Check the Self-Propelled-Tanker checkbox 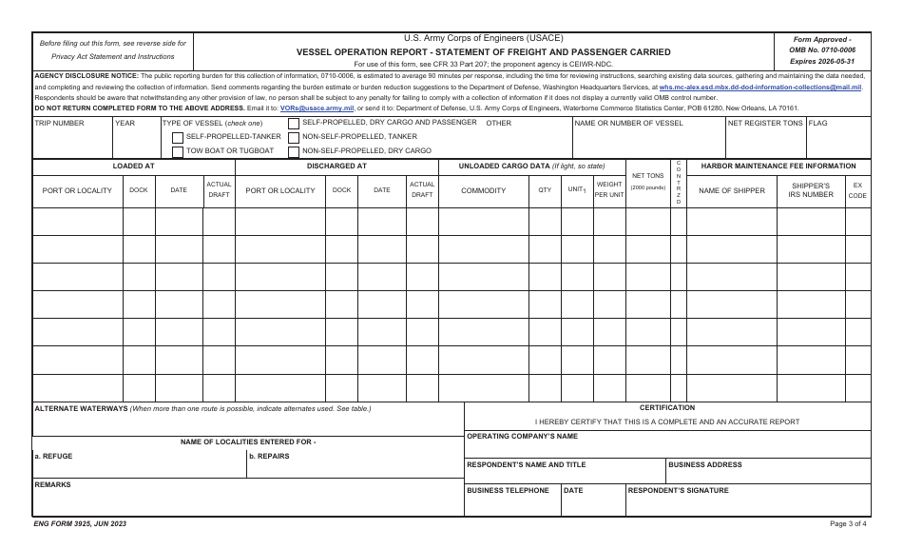pyautogui.click(x=178, y=137)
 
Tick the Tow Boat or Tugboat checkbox pyautogui.click(x=178, y=151)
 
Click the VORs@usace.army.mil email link pyautogui.click(x=315, y=108)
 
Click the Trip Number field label pyautogui.click(x=59, y=123)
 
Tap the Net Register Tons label pyautogui.click(x=765, y=123)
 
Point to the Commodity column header pyautogui.click(x=483, y=190)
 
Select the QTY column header pyautogui.click(x=545, y=190)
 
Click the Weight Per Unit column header pyautogui.click(x=609, y=189)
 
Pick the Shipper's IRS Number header pyautogui.click(x=811, y=189)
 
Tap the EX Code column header pyautogui.click(x=857, y=189)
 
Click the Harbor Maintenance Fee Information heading pyautogui.click(x=778, y=166)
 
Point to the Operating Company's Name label pyautogui.click(x=522, y=437)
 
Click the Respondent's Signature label pyautogui.click(x=678, y=491)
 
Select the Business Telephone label pyautogui.click(x=508, y=491)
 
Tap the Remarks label pyautogui.click(x=52, y=484)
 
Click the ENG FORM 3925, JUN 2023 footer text pyautogui.click(x=80, y=524)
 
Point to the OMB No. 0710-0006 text pyautogui.click(x=822, y=49)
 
